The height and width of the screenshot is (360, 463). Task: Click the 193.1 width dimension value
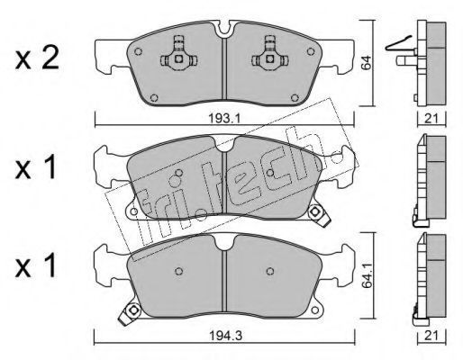(x=224, y=120)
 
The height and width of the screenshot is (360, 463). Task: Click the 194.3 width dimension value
(x=224, y=336)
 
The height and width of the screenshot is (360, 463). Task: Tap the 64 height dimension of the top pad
(x=367, y=63)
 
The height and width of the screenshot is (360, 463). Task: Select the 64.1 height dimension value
(x=367, y=276)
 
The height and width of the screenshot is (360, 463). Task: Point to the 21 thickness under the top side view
(x=431, y=119)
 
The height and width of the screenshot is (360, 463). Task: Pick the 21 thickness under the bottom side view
(x=431, y=336)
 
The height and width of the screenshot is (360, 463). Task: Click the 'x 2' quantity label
(x=37, y=59)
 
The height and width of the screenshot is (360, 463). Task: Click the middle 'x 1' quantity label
(x=36, y=168)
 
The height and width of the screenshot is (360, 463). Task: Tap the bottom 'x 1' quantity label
(x=36, y=265)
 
